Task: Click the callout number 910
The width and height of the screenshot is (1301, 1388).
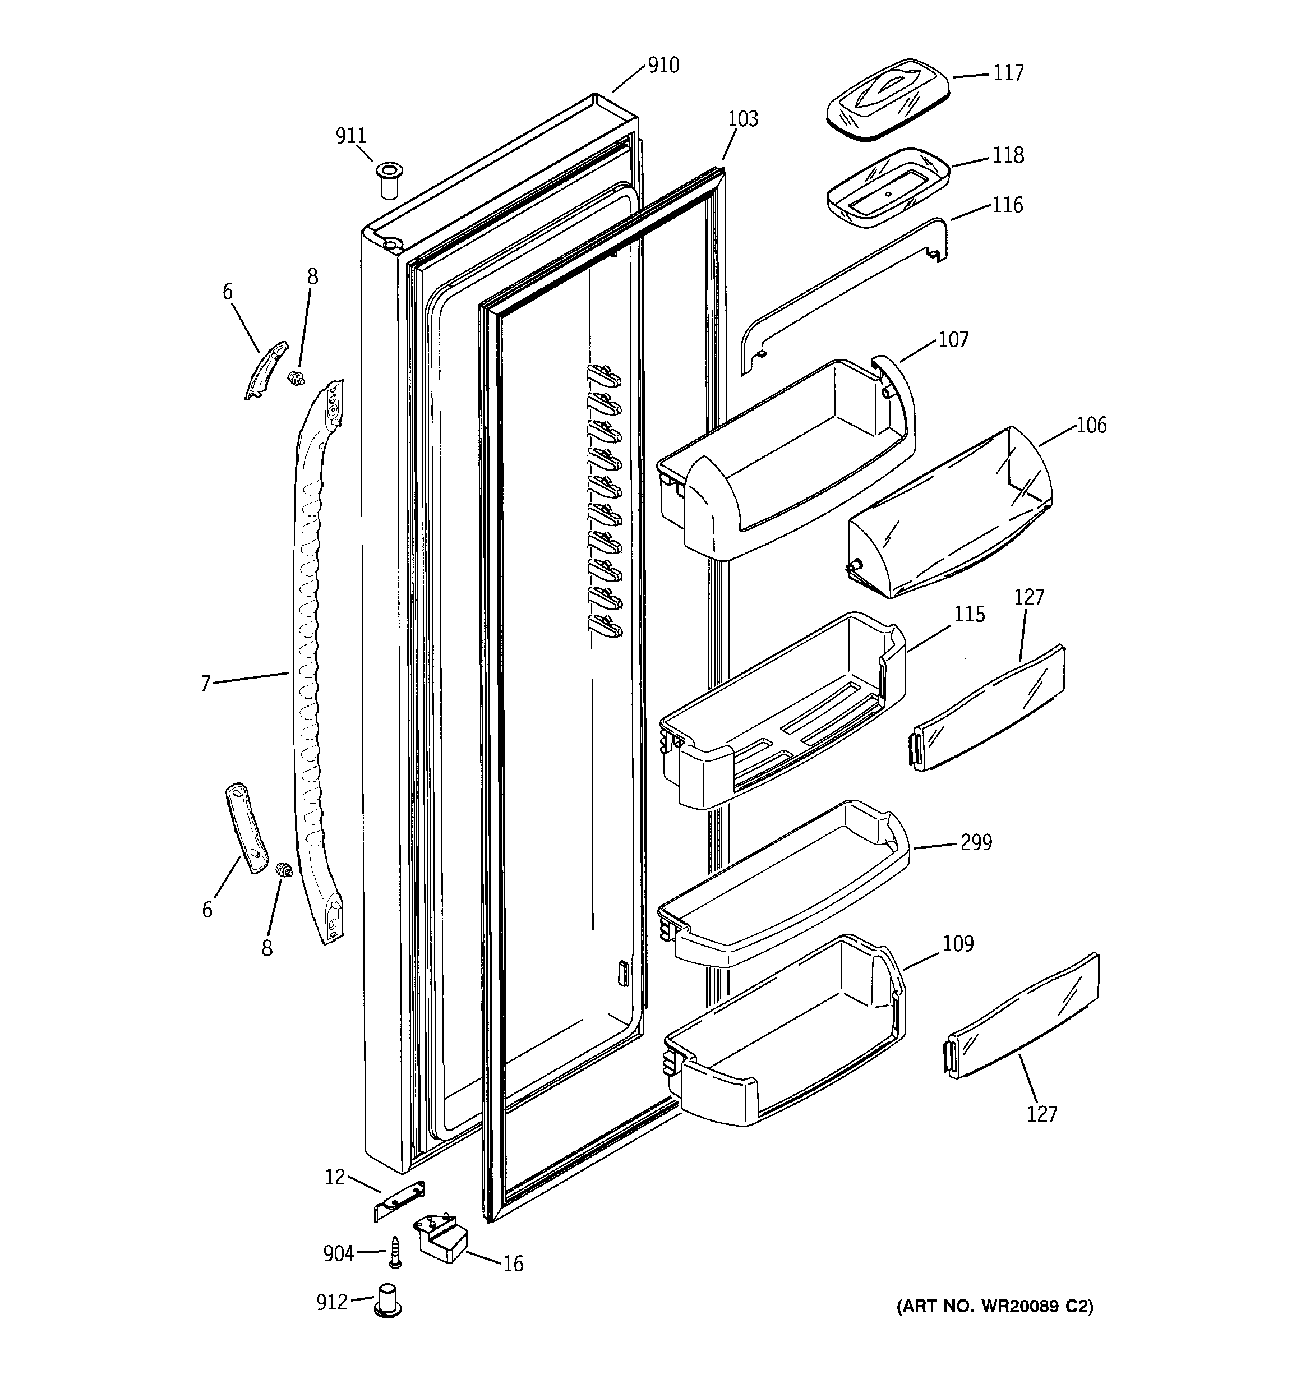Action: coord(663,66)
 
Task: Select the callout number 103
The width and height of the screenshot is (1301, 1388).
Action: coord(742,119)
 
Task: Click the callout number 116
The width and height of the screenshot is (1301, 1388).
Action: coord(1007,205)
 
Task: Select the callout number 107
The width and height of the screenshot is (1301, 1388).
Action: coord(953,340)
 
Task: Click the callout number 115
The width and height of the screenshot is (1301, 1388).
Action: coord(969,615)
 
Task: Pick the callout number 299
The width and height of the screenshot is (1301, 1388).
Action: coord(976,843)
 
